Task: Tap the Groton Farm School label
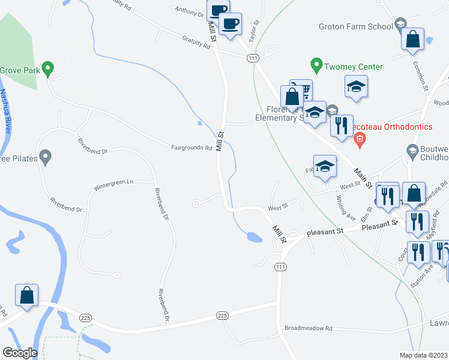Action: pyautogui.click(x=356, y=26)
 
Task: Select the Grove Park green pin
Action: pyautogui.click(x=50, y=70)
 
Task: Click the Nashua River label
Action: pyautogui.click(x=7, y=114)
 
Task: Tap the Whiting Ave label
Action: pyautogui.click(x=346, y=208)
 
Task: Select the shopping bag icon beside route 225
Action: pyautogui.click(x=26, y=295)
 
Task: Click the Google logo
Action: pyautogui.click(x=20, y=353)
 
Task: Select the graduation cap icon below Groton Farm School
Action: pyautogui.click(x=356, y=86)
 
